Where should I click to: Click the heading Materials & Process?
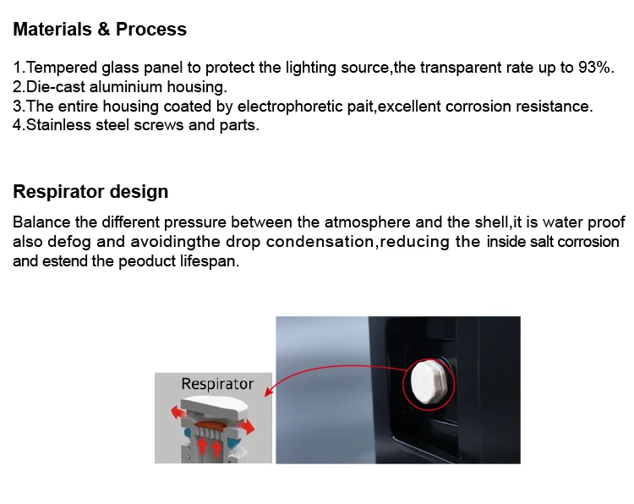(x=100, y=29)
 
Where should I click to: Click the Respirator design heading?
(x=90, y=191)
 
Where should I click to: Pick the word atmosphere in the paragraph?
(x=368, y=222)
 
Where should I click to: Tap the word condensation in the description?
(x=320, y=242)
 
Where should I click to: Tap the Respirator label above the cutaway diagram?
(x=217, y=383)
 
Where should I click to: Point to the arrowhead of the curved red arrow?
(x=269, y=391)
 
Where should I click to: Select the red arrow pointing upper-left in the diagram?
(x=178, y=413)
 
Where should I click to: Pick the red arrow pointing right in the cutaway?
(x=246, y=425)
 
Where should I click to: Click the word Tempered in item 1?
(x=62, y=67)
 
